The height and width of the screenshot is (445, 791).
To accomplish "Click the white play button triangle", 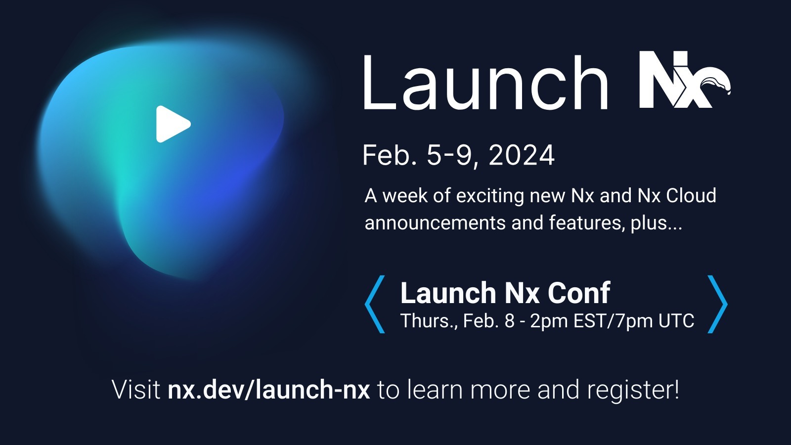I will point(172,124).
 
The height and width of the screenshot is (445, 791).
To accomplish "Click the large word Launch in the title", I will point(484,83).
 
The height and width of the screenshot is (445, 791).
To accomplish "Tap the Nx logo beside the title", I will point(682,80).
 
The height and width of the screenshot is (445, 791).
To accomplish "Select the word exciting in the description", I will point(489,196).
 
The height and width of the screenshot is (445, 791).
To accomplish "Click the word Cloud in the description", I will point(691,196).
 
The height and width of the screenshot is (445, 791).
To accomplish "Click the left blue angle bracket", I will point(374,304).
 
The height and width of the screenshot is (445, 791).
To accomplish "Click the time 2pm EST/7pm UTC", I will point(612,321).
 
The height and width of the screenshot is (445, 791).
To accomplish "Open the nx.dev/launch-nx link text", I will point(268,390).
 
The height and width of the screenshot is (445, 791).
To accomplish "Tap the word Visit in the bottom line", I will point(136,390).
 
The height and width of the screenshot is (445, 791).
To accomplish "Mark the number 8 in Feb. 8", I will point(509,321).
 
